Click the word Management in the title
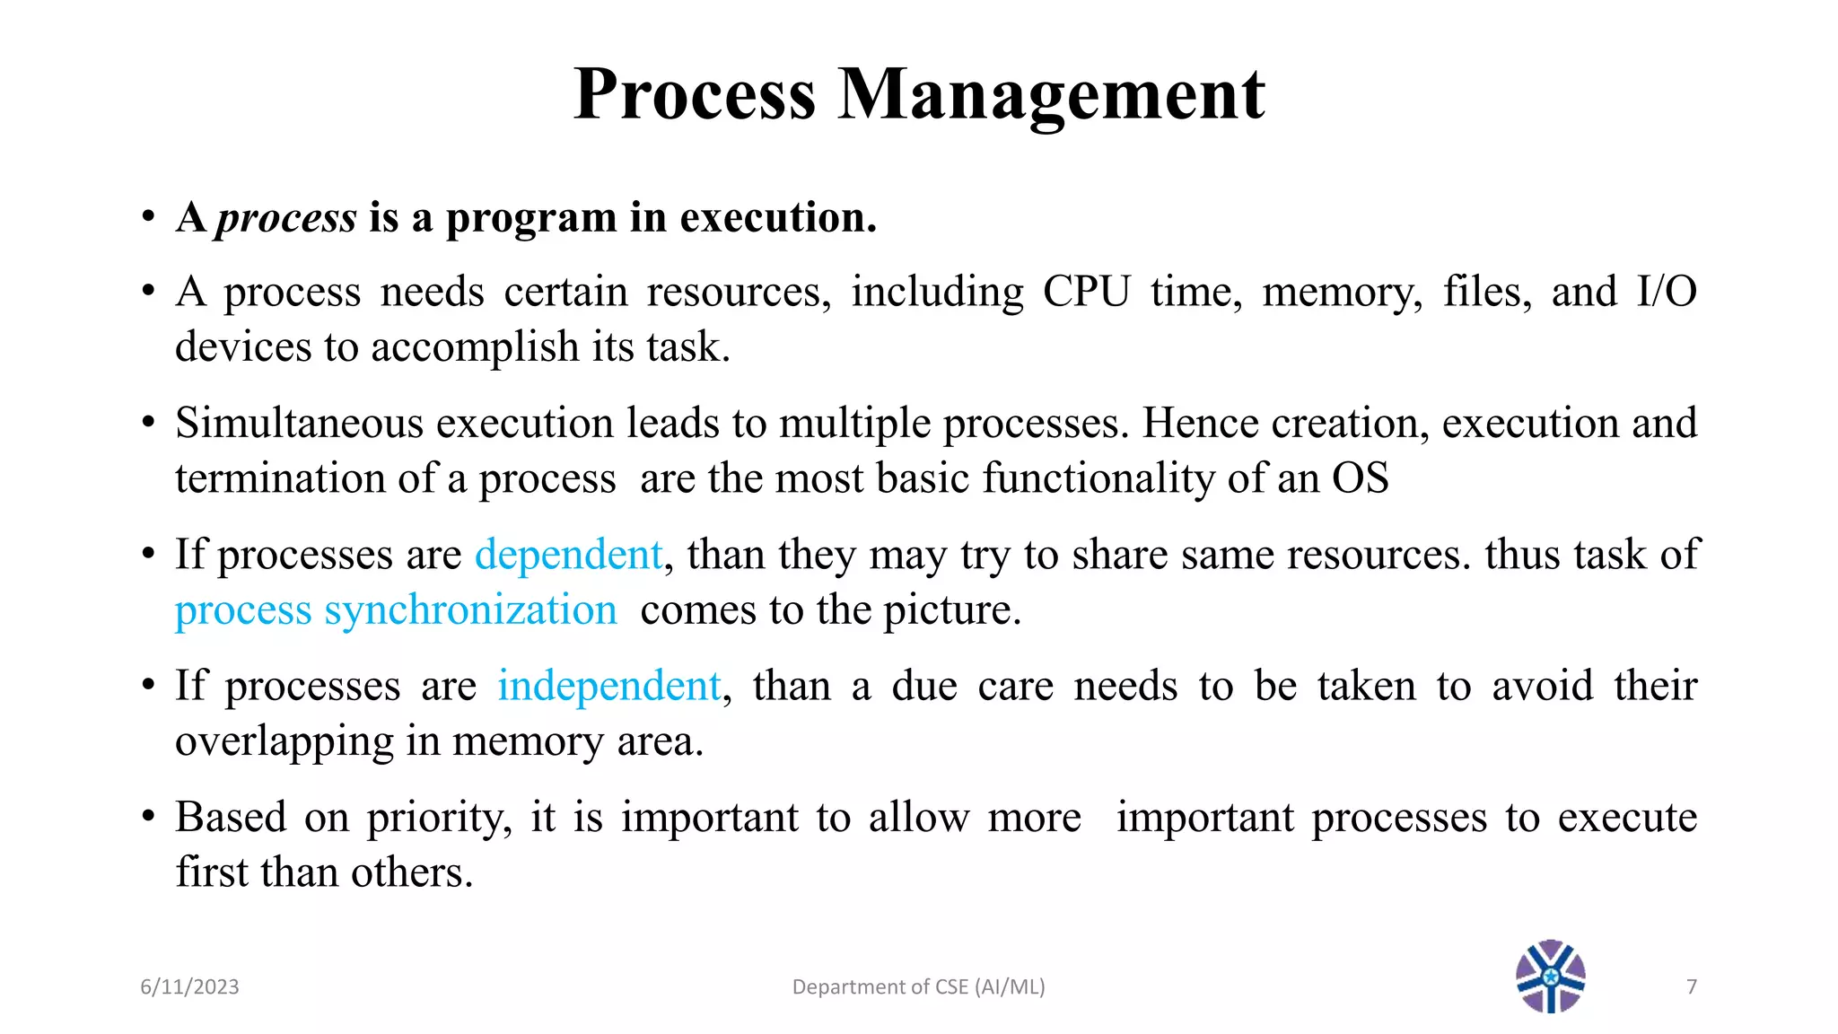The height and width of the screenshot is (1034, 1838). coord(1051,94)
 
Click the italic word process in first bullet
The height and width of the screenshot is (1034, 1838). coord(286,218)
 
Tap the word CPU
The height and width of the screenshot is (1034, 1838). coord(1086,292)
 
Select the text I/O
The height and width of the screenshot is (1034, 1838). coord(1666,292)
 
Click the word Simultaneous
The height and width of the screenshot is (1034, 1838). coord(299,423)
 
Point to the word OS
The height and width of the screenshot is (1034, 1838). coord(1360,478)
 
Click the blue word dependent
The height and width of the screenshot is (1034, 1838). coord(568,555)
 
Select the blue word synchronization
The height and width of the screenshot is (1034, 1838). coord(470,610)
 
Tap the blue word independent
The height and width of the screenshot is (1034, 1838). coord(609,686)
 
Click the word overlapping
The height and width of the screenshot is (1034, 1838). coord(284,742)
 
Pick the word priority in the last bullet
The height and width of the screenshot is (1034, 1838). coord(439,818)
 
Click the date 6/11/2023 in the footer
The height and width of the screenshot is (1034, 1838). coord(189,987)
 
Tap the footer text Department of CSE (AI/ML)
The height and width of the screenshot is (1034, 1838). coord(918,987)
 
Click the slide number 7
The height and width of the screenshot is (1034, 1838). coord(1692,987)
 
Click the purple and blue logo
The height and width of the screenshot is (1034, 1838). coord(1550,977)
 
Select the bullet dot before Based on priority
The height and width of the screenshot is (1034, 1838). coord(149,818)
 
